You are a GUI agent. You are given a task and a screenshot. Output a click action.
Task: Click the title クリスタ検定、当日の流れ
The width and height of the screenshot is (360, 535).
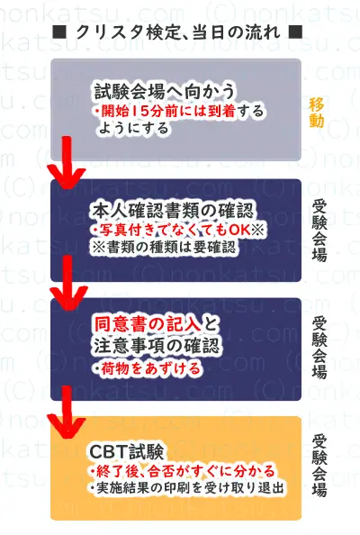coord(177,32)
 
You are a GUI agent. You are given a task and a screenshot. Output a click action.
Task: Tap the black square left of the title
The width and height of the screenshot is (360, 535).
coord(59,32)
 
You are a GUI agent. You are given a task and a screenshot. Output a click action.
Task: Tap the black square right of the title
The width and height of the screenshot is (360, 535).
coord(295,32)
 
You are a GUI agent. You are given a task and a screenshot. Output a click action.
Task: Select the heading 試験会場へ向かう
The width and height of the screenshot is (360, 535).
coord(165,92)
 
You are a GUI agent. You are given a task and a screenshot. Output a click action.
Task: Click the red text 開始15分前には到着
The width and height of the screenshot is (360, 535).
coord(168,112)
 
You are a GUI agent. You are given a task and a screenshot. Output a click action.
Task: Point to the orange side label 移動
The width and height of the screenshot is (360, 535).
coord(317,113)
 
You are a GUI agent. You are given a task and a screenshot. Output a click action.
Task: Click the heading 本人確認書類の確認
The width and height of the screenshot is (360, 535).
coord(172,211)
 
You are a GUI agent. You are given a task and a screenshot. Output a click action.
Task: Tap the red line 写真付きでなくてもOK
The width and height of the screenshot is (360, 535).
coord(175,230)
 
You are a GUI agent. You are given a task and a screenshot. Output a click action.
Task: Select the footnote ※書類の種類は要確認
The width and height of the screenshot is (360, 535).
coord(163,247)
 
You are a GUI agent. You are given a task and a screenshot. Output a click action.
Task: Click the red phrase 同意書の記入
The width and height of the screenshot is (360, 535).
coord(148,324)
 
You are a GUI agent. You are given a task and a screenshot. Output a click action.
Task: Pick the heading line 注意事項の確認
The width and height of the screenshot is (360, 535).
coord(157,346)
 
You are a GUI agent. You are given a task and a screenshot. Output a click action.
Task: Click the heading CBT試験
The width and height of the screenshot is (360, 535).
coord(127,451)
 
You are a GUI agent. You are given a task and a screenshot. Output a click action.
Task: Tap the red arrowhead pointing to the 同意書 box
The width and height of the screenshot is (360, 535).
coord(68,298)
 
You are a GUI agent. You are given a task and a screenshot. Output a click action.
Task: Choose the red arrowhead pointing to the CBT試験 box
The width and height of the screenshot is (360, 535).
coord(67,427)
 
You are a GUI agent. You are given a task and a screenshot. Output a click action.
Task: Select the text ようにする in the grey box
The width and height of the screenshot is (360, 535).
coord(134,128)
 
